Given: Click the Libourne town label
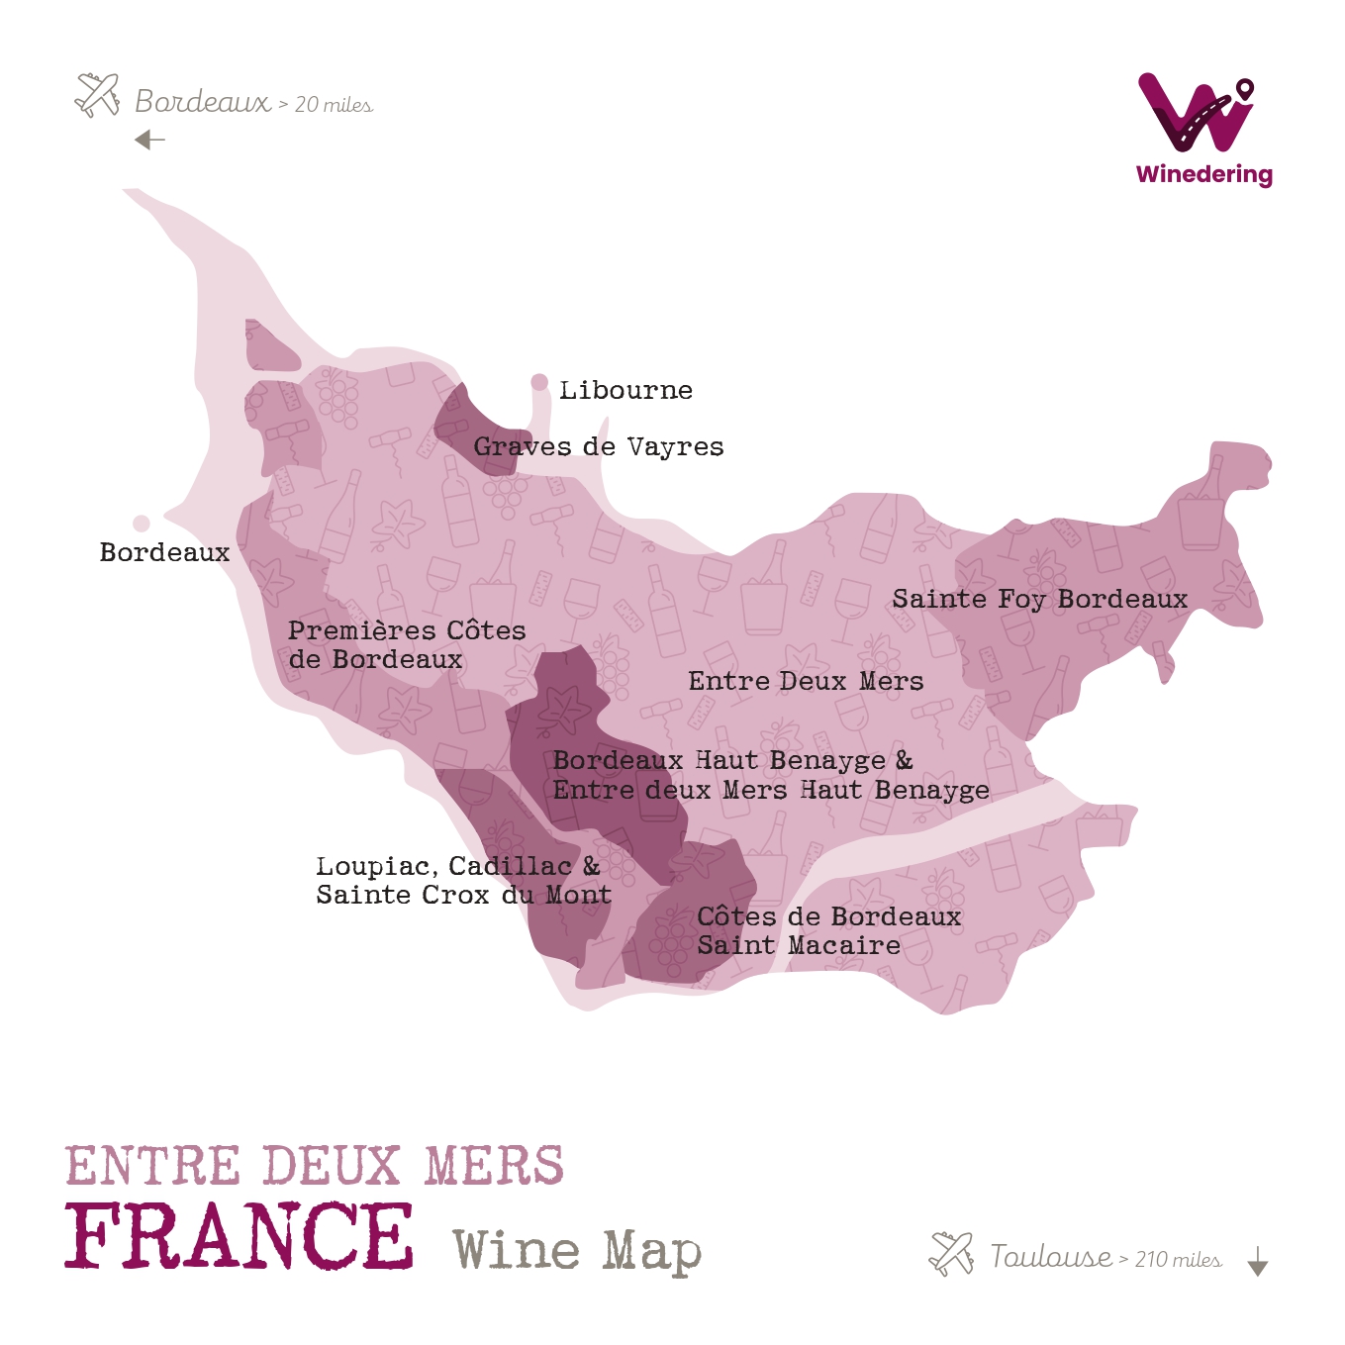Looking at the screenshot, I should (625, 390).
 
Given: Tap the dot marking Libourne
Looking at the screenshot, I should (539, 382).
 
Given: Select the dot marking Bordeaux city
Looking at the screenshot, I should (142, 523).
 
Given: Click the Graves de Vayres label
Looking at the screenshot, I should (598, 446).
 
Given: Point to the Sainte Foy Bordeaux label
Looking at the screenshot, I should (1039, 599).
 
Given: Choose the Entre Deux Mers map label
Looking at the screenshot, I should (806, 681).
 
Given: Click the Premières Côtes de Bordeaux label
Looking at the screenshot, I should (406, 644).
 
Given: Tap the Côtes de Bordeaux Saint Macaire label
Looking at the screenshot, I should (828, 930).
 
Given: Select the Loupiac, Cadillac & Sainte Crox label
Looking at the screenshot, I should (462, 880).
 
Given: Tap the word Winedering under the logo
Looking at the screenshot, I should (1204, 174).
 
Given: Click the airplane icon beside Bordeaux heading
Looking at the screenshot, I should (98, 95).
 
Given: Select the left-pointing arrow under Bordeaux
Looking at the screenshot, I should (149, 140).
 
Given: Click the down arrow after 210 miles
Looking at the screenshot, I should (1257, 1261).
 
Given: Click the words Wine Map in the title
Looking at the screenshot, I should (577, 1251).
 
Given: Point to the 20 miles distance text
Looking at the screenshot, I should (334, 105).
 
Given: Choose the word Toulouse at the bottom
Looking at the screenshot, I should (1051, 1257).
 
